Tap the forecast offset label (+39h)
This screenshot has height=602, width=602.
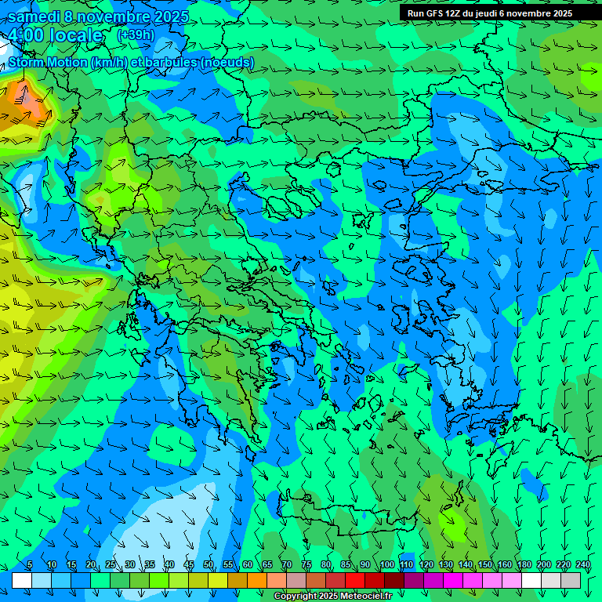[x=136, y=34]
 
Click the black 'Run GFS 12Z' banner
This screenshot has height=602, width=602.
[x=490, y=13]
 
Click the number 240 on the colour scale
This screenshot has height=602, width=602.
[x=582, y=564]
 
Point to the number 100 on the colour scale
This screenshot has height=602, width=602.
[x=386, y=564]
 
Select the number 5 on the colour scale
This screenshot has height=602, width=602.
[x=30, y=564]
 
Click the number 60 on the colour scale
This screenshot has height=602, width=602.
[x=248, y=564]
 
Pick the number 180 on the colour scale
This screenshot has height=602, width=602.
[x=524, y=564]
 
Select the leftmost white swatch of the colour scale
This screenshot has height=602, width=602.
[x=22, y=580]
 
